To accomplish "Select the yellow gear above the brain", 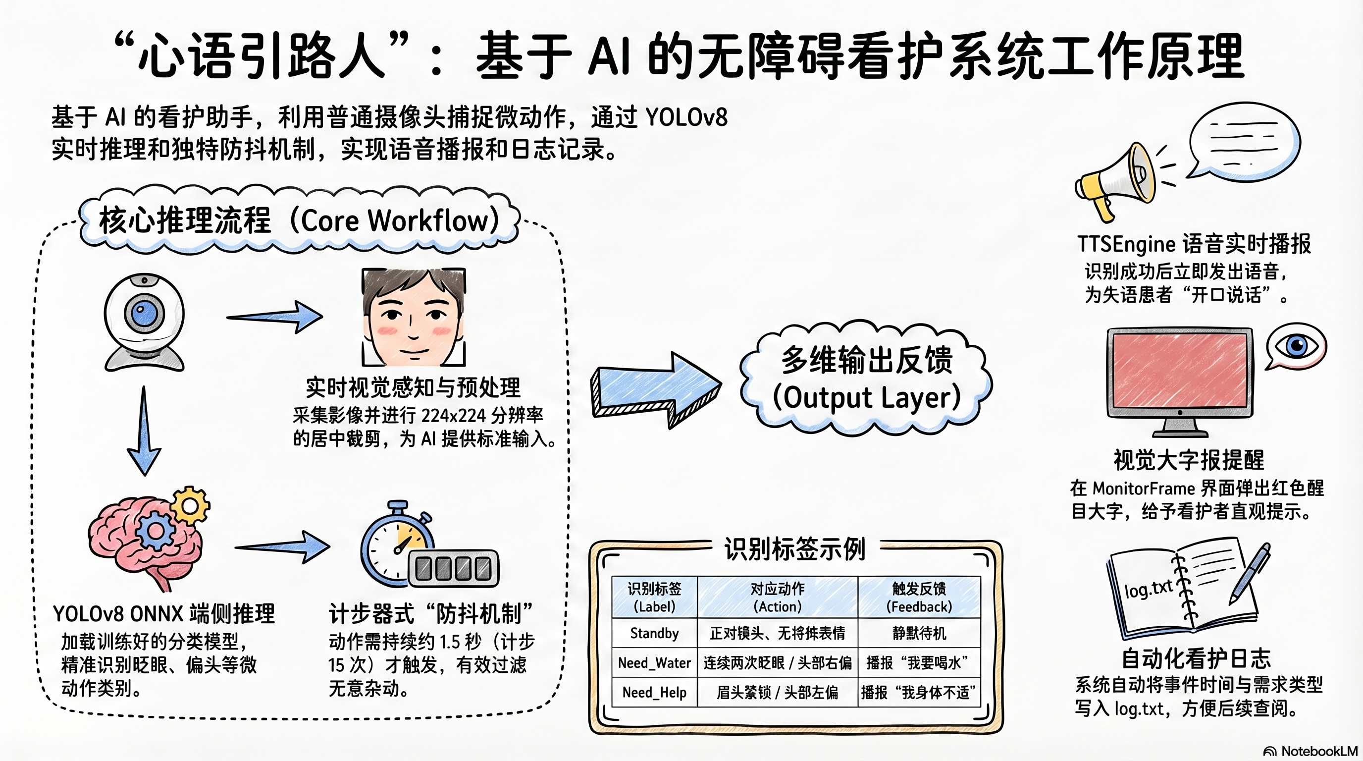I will [x=191, y=506].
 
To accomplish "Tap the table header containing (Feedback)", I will [x=919, y=597].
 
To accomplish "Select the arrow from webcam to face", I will [x=275, y=317].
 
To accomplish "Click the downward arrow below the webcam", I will [x=144, y=432].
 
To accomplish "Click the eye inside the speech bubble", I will [x=1296, y=346].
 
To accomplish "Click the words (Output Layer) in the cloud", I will [x=866, y=398].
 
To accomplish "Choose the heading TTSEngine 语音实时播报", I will [x=1194, y=244].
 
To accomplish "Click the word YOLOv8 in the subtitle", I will [x=686, y=117].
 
